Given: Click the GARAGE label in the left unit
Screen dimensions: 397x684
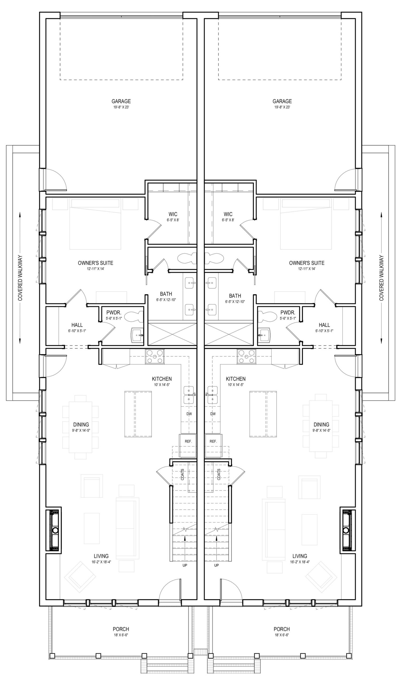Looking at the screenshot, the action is [x=121, y=101].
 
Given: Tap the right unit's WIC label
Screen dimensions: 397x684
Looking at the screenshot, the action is [x=228, y=215].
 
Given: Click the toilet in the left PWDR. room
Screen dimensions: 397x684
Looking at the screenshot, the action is [x=135, y=317].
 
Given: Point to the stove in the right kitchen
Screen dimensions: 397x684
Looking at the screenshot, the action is [x=246, y=356].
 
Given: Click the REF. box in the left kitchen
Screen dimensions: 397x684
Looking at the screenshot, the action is [x=188, y=442].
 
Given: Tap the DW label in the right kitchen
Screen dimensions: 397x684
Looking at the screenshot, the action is [x=213, y=414].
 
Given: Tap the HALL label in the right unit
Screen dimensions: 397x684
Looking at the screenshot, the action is [x=324, y=325].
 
